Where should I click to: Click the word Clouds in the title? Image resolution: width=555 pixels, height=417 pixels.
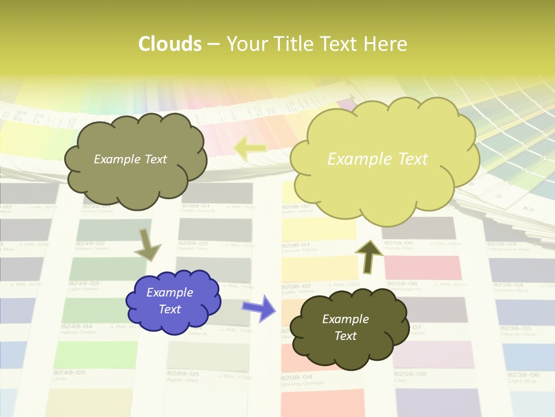tap(169, 44)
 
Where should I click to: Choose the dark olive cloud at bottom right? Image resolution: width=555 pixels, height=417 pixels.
tap(347, 328)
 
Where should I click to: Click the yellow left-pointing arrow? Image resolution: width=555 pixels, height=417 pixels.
tap(249, 148)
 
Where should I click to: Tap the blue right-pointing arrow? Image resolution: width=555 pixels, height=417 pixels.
tap(259, 307)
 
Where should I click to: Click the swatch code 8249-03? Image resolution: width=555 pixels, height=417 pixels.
tap(84, 284)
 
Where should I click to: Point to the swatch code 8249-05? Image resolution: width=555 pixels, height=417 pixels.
tap(69, 372)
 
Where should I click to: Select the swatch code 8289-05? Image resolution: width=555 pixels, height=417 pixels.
tap(183, 374)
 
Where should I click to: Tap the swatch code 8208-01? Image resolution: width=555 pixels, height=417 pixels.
tap(296, 245)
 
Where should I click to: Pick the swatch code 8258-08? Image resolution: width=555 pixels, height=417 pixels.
tap(410, 374)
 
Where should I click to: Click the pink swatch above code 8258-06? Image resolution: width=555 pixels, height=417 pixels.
tap(423, 267)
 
